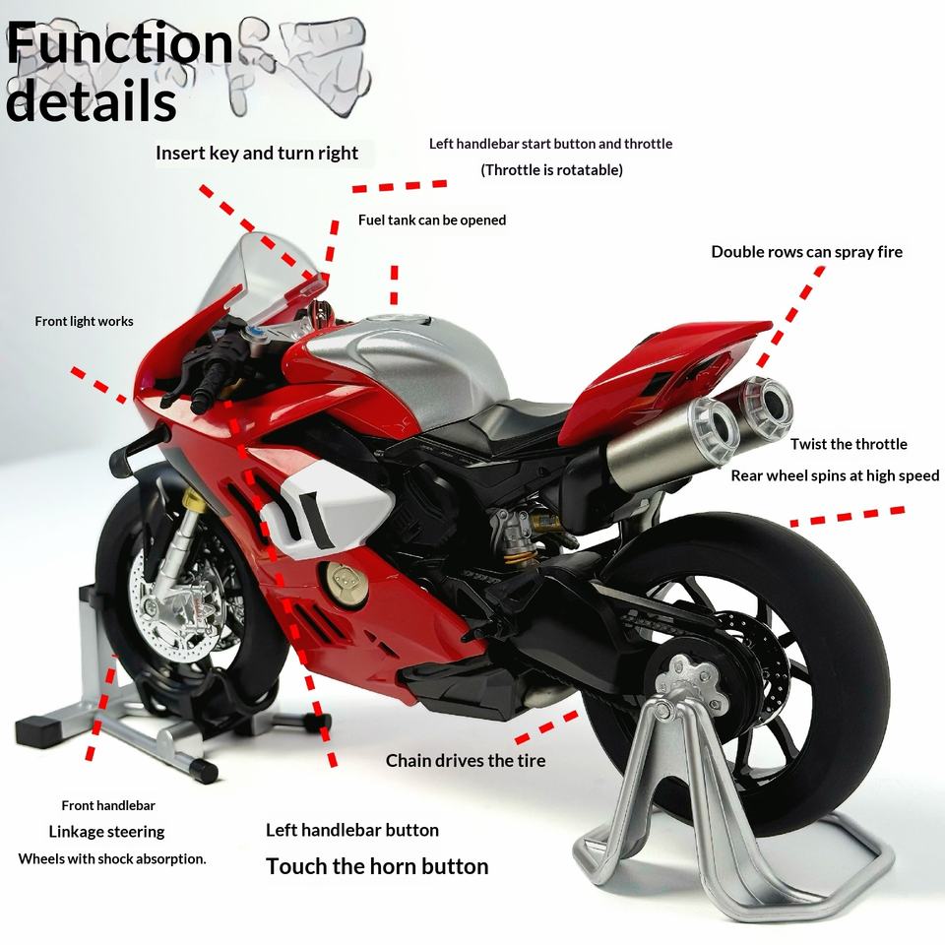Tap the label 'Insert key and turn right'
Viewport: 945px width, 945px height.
click(257, 154)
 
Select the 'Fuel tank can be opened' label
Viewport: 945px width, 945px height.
click(432, 220)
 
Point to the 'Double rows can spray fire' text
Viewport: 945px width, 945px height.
click(806, 252)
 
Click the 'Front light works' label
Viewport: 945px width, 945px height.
click(84, 322)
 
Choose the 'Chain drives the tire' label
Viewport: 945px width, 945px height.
click(466, 761)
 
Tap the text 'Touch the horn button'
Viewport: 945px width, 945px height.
click(377, 867)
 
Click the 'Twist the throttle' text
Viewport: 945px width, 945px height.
click(849, 445)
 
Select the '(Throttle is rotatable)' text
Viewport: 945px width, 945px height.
click(551, 170)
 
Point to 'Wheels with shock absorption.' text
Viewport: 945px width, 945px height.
click(112, 859)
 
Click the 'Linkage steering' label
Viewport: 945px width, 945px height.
click(106, 833)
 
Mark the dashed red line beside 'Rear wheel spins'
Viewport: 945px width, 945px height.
click(847, 515)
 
